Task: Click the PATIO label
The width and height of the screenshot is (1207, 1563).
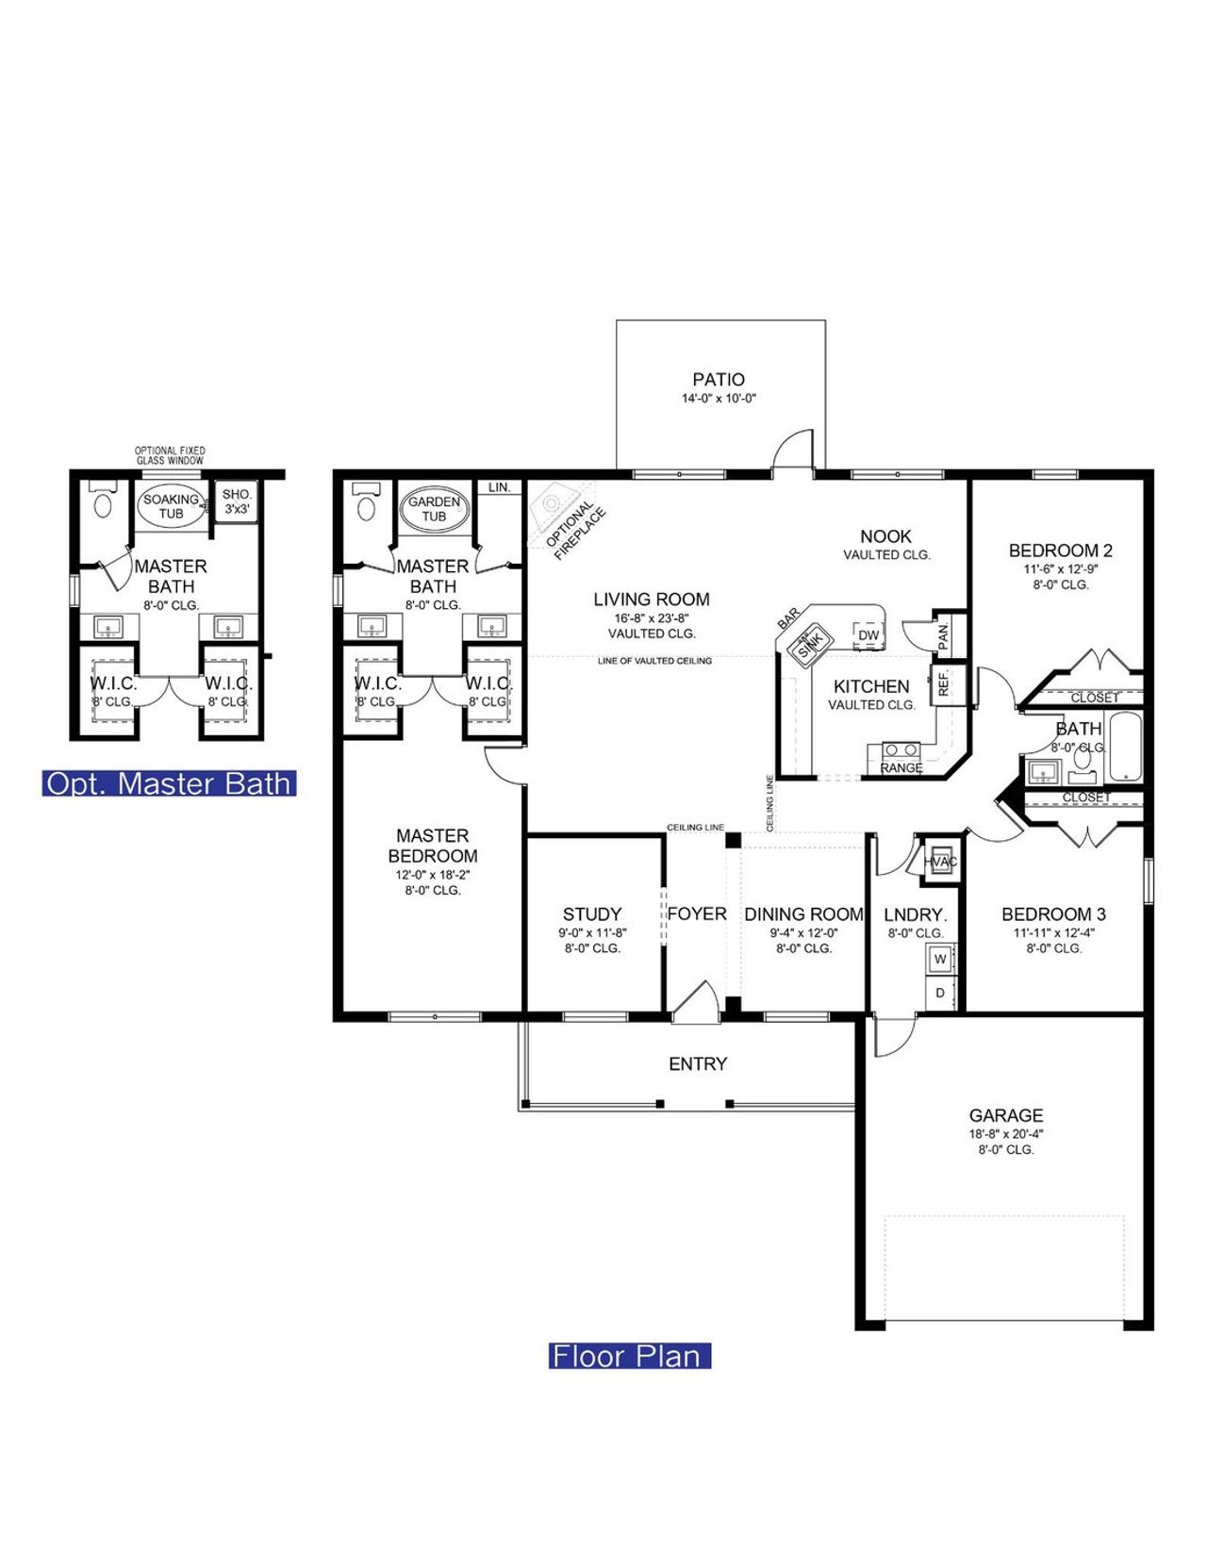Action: click(719, 379)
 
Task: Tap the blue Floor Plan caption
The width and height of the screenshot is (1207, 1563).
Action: click(629, 1356)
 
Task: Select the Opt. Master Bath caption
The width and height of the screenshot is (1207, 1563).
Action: click(169, 783)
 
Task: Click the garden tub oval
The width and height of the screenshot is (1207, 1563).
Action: click(434, 508)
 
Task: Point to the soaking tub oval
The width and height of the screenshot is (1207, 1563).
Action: click(172, 506)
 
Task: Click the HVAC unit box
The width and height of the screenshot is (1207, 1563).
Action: click(940, 862)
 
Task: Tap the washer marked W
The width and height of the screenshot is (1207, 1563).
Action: click(940, 959)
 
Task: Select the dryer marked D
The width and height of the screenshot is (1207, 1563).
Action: click(940, 993)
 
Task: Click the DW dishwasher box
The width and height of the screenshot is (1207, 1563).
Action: click(868, 635)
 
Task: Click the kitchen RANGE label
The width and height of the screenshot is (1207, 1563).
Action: click(901, 767)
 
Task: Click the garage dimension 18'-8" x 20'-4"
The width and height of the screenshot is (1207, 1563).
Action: click(1006, 1134)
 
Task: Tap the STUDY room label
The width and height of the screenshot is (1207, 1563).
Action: click(592, 913)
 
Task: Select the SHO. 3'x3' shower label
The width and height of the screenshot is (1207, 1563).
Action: click(237, 501)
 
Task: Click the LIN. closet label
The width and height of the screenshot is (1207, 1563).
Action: click(500, 487)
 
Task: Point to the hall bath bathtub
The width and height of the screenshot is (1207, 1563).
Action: click(1126, 747)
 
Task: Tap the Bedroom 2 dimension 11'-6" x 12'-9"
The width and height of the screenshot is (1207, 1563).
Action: click(1061, 569)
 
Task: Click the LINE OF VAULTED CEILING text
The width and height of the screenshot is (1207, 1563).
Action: click(654, 661)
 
